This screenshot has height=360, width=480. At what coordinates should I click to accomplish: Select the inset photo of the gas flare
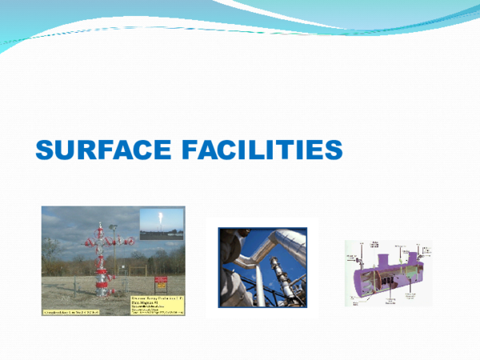pos(161,222)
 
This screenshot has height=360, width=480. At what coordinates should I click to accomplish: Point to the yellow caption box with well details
pos(157,303)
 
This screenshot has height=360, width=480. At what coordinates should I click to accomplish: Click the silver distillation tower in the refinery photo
pos(276,276)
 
